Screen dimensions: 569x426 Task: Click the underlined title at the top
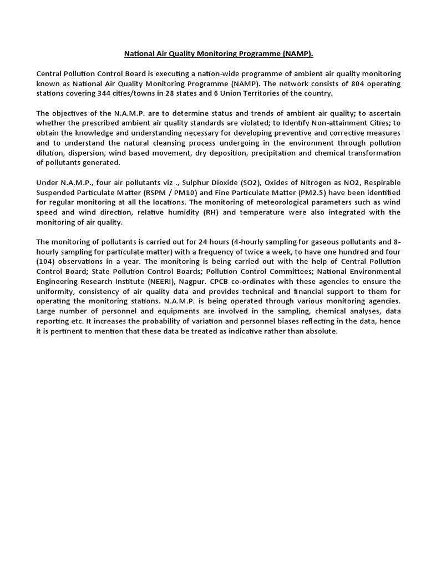[218, 54]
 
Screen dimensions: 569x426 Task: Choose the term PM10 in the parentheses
[167, 193]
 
